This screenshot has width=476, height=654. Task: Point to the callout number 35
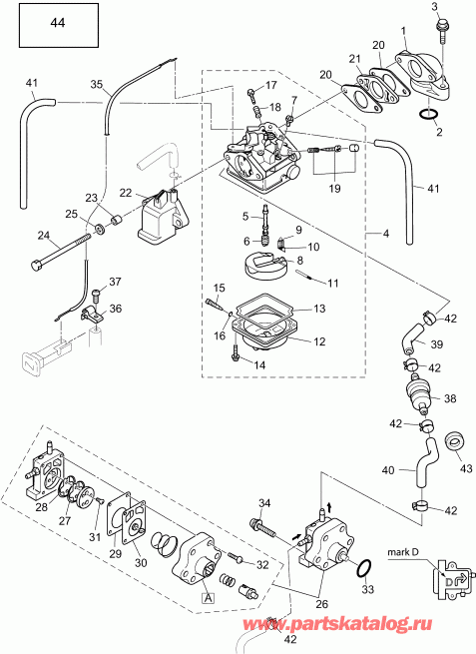(98, 86)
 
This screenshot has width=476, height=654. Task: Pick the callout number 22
(127, 192)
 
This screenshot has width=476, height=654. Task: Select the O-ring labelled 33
(365, 569)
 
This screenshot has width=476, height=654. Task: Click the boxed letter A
(208, 598)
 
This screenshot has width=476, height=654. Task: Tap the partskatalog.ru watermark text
(407, 623)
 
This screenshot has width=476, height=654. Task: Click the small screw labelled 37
(97, 294)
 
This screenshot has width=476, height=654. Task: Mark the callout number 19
(333, 187)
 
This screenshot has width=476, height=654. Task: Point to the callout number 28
(41, 508)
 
